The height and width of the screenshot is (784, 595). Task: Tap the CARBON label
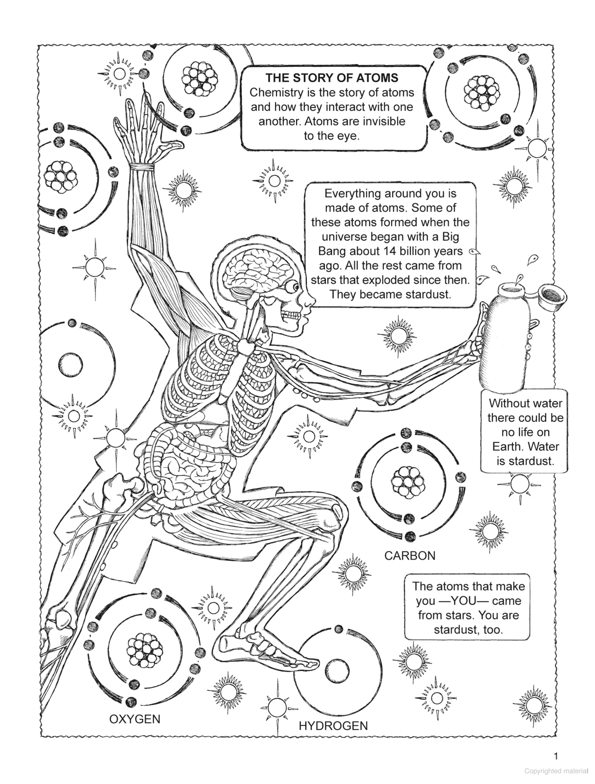pos(410,555)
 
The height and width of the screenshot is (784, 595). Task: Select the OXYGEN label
pos(134,719)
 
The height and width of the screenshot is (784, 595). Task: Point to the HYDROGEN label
pos(333,738)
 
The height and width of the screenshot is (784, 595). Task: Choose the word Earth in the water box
pos(507,447)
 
